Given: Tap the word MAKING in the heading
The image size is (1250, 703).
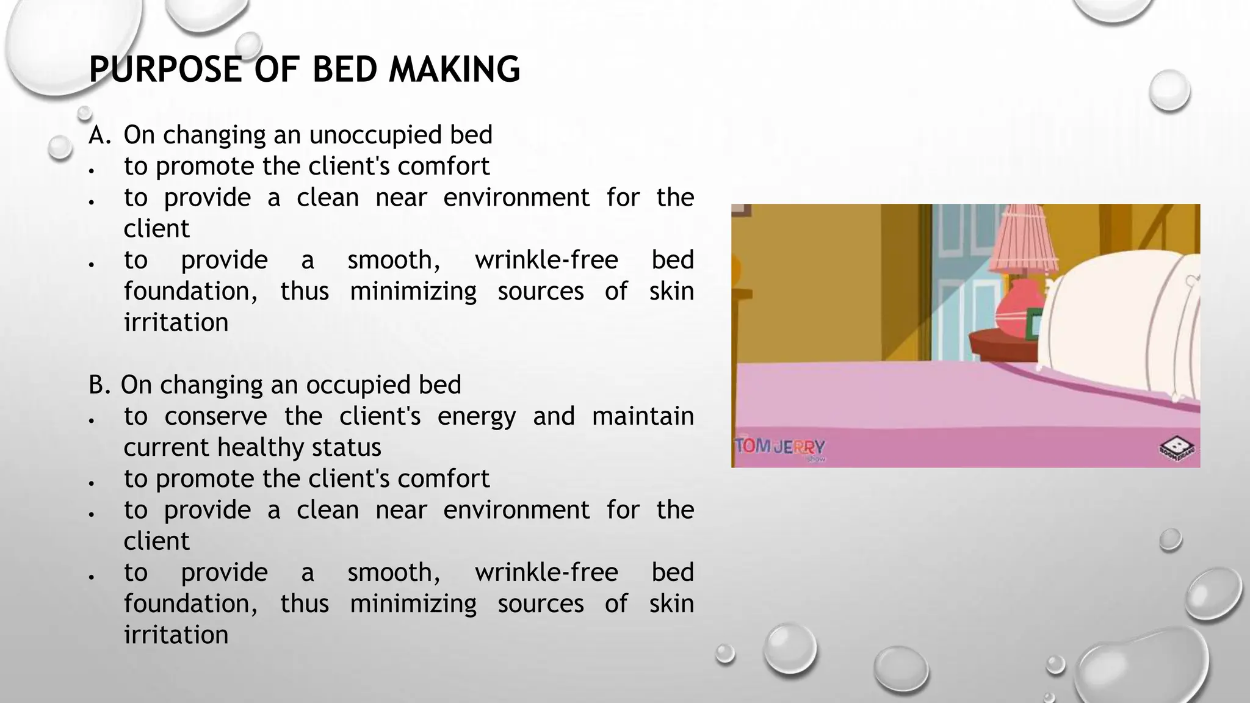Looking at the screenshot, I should tap(454, 69).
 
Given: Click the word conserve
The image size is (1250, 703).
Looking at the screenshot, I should tap(215, 417).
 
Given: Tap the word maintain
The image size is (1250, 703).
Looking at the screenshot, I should tap(643, 417).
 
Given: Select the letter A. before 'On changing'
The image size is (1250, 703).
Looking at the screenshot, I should tap(99, 135).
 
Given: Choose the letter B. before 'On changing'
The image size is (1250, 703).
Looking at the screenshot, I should tap(99, 385).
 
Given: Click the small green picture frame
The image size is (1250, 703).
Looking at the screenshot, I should tap(1033, 323).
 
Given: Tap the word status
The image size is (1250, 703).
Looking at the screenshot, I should tap(346, 448).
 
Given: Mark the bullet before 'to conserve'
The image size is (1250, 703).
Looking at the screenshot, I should tap(92, 420).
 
